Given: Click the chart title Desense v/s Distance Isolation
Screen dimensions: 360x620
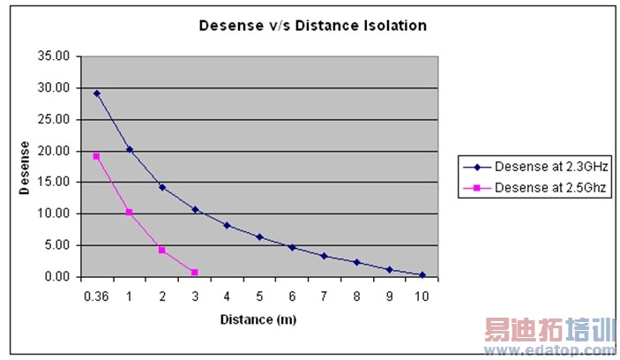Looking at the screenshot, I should (311, 26).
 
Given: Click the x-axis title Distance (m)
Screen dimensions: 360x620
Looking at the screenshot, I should (258, 319).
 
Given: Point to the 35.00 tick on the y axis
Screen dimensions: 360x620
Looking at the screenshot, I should (55, 56).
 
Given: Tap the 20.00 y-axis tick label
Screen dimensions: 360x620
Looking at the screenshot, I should (55, 151).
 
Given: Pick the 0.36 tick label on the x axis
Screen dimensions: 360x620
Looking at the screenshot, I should (95, 296).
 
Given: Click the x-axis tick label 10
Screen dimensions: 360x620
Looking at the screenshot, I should (422, 296).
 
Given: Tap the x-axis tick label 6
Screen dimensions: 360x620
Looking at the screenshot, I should (292, 296).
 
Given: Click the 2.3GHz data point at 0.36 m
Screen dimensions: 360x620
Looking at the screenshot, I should (96, 93).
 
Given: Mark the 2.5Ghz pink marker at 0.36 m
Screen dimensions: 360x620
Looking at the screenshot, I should (96, 156).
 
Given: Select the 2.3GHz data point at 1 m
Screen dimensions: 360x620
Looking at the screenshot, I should (129, 149).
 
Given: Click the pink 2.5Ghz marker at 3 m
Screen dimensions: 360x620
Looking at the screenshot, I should (194, 272).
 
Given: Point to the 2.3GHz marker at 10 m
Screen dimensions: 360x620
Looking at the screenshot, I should (422, 274).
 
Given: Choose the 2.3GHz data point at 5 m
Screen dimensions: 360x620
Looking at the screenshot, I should (259, 236).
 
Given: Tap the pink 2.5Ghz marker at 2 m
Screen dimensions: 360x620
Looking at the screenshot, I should (161, 250).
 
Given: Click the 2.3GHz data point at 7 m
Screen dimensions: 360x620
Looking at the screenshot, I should (324, 256).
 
